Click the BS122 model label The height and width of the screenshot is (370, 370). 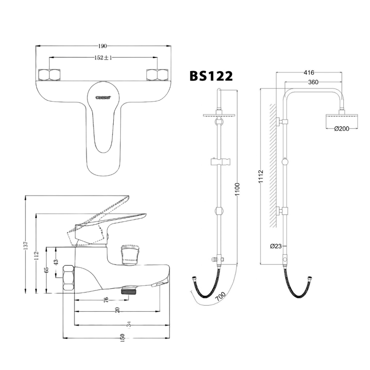tap(211, 76)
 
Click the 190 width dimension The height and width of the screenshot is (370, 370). tap(102, 46)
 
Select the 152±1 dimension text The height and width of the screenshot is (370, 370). tap(103, 57)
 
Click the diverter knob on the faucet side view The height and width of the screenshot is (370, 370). tap(129, 255)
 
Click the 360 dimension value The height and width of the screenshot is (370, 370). tap(313, 82)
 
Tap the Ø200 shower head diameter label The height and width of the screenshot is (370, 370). tap(341, 129)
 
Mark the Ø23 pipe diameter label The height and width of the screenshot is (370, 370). tap(276, 246)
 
